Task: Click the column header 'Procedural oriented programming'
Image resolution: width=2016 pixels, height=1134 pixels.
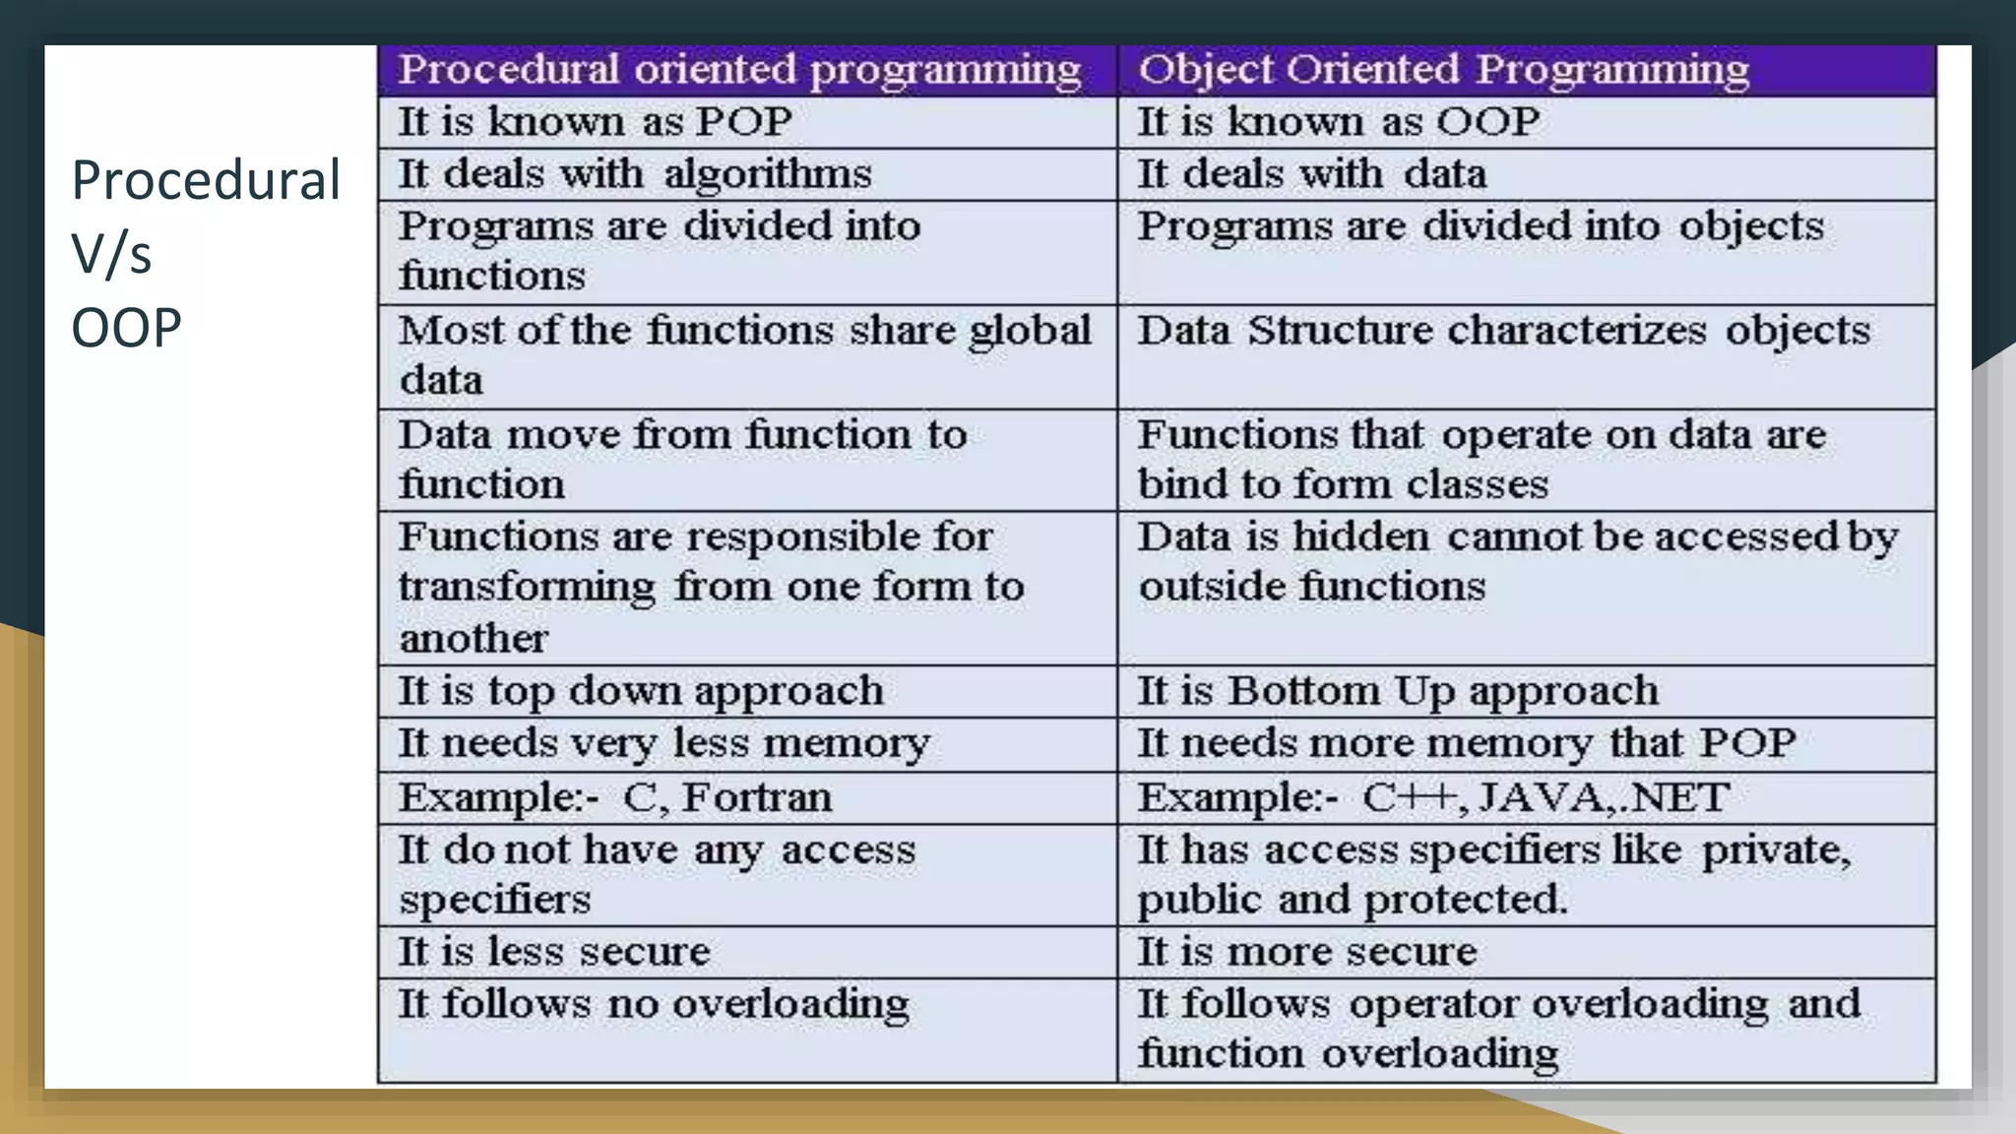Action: click(739, 70)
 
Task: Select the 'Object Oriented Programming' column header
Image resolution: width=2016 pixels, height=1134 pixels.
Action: click(1443, 70)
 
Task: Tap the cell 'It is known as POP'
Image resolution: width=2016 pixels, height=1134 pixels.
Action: click(595, 122)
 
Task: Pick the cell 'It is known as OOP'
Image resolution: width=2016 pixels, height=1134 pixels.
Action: click(1339, 122)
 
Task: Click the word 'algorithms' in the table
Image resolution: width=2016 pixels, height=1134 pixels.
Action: click(768, 174)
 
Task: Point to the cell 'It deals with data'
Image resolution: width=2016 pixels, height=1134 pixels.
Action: click(1311, 174)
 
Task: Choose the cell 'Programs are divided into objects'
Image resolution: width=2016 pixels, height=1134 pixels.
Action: click(1480, 226)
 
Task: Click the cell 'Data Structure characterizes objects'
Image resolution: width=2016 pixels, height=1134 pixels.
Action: click(1503, 331)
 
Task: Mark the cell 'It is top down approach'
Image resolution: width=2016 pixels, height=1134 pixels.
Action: click(641, 691)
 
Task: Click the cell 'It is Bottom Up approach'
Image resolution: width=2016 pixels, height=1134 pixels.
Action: click(1398, 691)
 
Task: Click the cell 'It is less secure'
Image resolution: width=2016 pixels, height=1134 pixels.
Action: click(553, 952)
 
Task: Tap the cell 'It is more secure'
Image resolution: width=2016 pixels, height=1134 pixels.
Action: click(1307, 952)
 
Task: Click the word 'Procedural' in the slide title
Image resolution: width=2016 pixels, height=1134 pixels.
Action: click(206, 180)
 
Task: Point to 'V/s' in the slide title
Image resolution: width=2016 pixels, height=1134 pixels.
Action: click(111, 254)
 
